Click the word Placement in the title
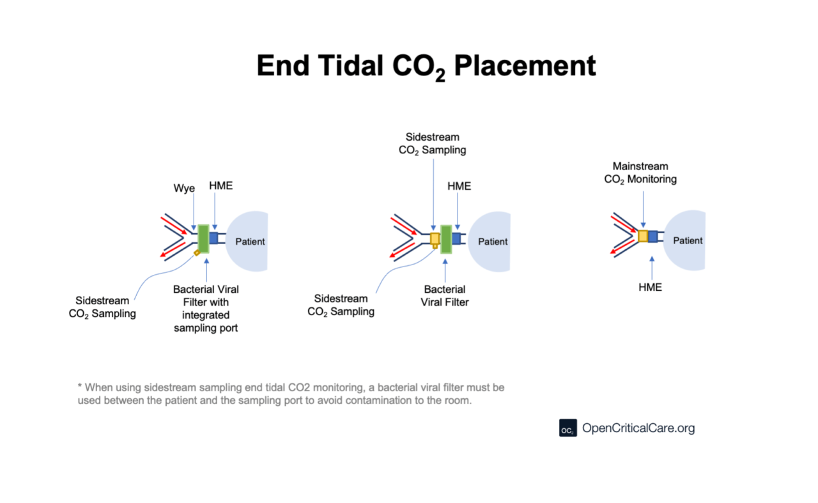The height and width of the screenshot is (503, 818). pyautogui.click(x=525, y=66)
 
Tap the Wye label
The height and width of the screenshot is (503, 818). pyautogui.click(x=184, y=188)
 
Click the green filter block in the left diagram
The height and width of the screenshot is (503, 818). pyautogui.click(x=203, y=239)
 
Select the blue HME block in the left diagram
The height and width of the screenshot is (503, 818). pyautogui.click(x=213, y=238)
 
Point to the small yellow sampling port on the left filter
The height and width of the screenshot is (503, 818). pyautogui.click(x=197, y=253)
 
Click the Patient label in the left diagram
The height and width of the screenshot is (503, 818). pyautogui.click(x=250, y=242)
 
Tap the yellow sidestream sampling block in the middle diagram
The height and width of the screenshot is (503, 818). pyautogui.click(x=435, y=240)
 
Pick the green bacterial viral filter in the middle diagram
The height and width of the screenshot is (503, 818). pyautogui.click(x=446, y=239)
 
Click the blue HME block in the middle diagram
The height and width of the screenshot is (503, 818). pyautogui.click(x=456, y=238)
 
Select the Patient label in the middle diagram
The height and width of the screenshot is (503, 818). pyautogui.click(x=493, y=242)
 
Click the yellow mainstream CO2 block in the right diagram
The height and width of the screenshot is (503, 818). pyautogui.click(x=643, y=236)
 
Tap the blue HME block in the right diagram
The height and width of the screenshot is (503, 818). pyautogui.click(x=653, y=236)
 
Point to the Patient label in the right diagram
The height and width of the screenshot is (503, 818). pyautogui.click(x=688, y=240)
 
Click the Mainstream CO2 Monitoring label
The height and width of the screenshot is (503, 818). pyautogui.click(x=640, y=173)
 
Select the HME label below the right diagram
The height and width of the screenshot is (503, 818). pyautogui.click(x=650, y=287)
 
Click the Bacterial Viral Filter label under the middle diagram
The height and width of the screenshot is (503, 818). pyautogui.click(x=444, y=295)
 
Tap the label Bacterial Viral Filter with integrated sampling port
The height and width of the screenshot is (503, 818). pyautogui.click(x=206, y=308)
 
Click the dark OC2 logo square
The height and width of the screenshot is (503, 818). pyautogui.click(x=568, y=428)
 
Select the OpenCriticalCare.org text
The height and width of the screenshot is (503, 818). pyautogui.click(x=638, y=428)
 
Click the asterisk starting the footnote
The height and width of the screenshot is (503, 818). pyautogui.click(x=80, y=385)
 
